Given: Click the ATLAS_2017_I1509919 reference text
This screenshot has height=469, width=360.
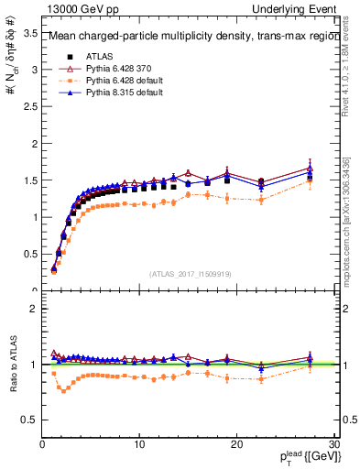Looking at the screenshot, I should [x=189, y=273].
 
